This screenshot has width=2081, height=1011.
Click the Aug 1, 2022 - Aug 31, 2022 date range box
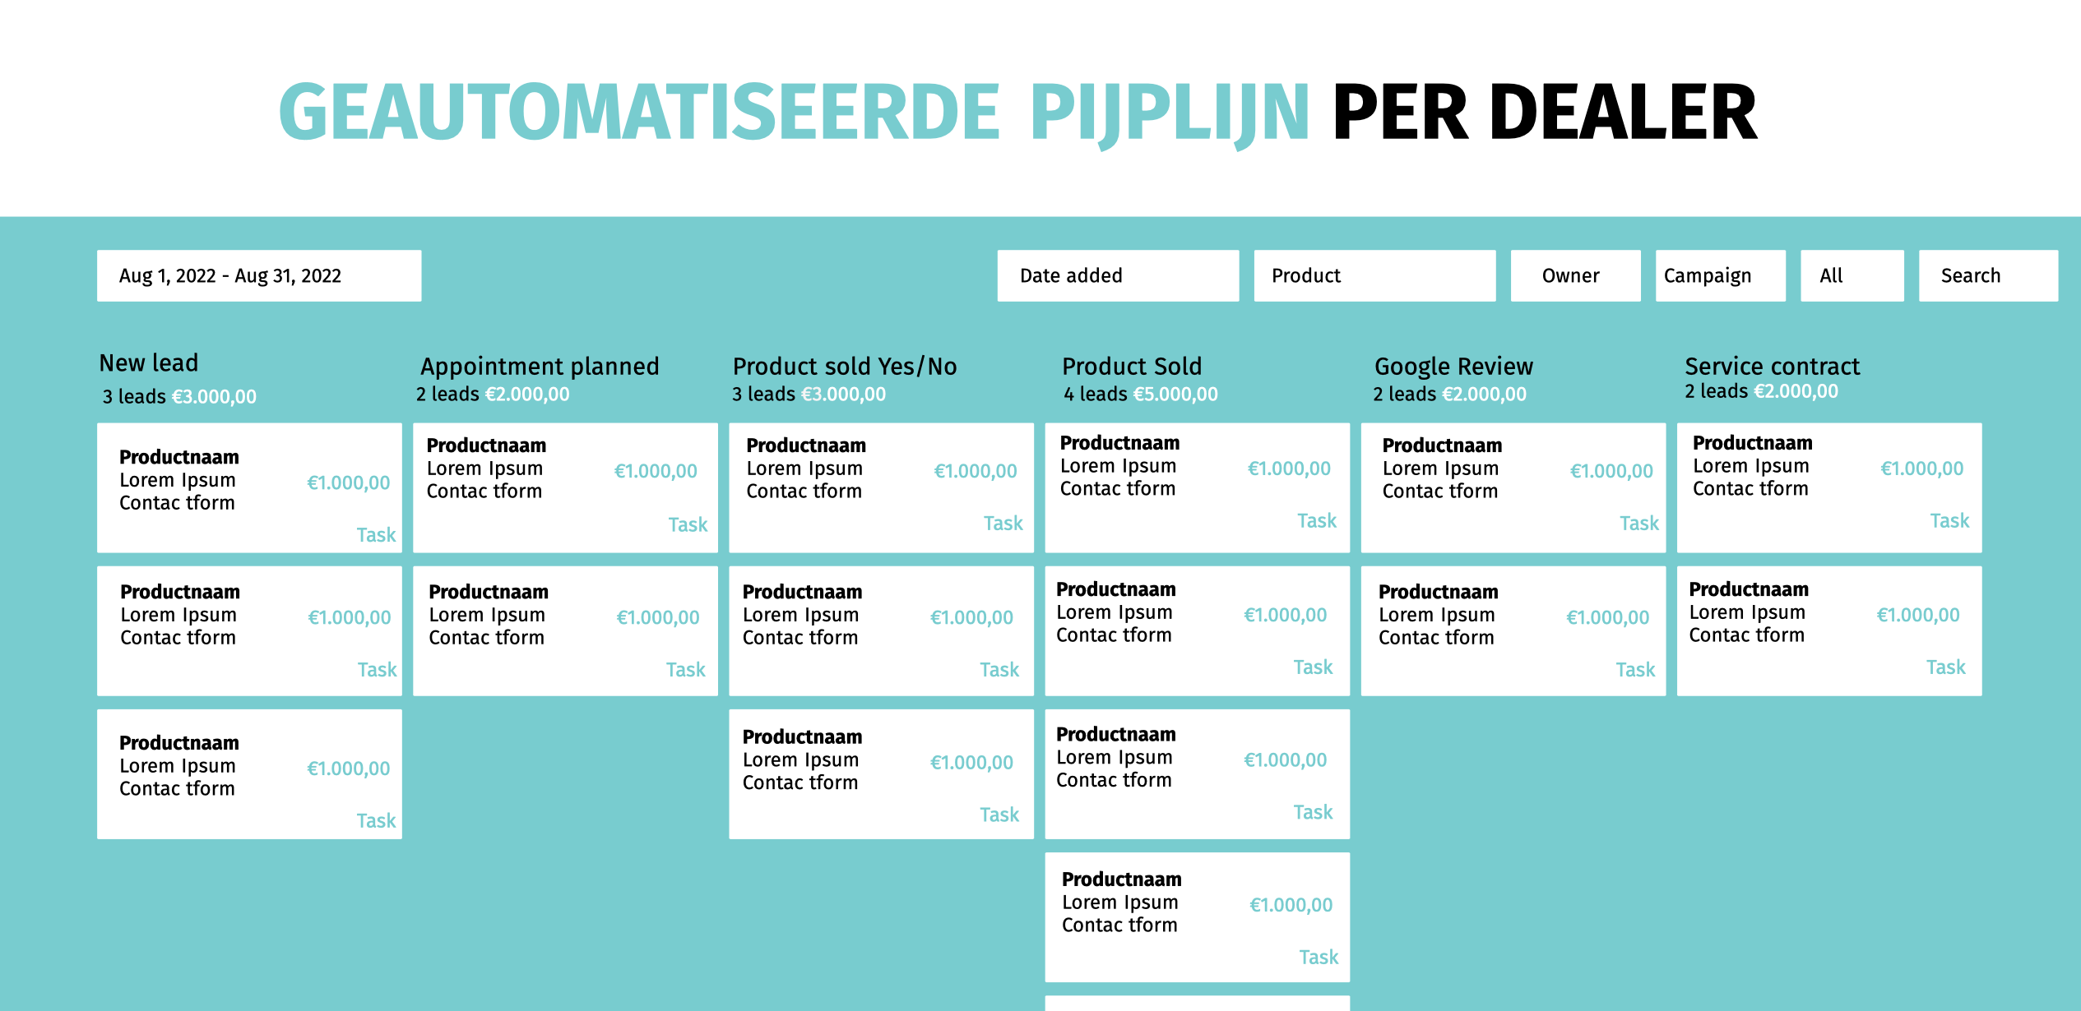259,275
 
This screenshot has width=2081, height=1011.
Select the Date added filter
1118,275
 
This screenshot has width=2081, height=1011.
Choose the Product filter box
1374,275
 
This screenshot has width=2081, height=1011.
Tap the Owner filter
1575,275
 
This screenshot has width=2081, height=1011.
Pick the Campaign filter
1720,275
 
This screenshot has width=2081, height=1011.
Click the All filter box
1852,275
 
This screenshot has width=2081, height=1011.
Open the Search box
1988,275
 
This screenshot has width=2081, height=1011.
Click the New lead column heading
149,363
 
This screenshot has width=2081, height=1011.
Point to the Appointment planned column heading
540,367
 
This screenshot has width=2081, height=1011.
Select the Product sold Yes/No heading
845,367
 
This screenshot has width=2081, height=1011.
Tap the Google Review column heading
1453,367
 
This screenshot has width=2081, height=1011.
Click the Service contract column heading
1772,367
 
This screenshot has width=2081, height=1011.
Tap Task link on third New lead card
376,820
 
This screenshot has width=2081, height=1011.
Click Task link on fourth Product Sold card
1319,957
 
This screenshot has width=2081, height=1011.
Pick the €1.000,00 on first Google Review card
1611,471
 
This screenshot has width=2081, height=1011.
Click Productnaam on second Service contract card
1749,589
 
